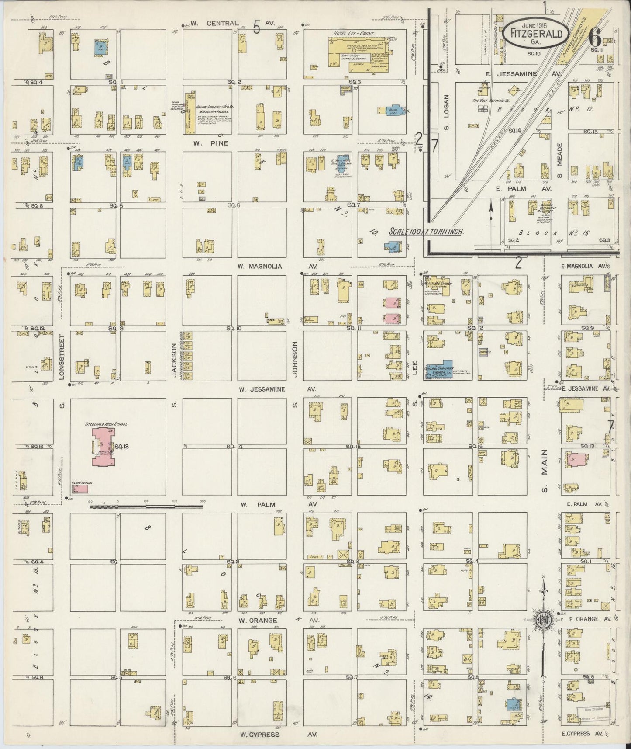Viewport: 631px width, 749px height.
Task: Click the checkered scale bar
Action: point(146,506)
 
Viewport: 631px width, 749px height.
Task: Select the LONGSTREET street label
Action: point(62,357)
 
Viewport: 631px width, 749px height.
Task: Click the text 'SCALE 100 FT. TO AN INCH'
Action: point(426,232)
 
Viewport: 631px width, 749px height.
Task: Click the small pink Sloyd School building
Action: point(80,489)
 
